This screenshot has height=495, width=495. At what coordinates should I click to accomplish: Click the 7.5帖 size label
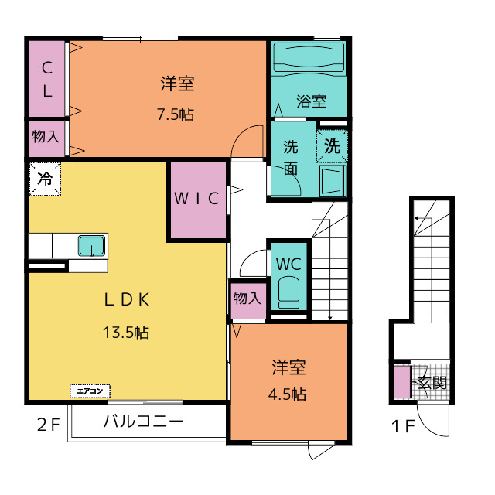176,114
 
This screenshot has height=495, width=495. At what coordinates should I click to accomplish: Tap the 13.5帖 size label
126,333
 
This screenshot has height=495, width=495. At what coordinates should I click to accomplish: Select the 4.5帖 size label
287,394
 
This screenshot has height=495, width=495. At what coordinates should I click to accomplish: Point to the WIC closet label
197,199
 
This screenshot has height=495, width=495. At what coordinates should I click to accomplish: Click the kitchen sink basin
92,246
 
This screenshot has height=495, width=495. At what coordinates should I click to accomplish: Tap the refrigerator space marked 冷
45,179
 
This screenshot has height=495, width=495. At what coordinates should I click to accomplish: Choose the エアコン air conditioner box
90,391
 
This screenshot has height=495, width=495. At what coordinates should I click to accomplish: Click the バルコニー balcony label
144,422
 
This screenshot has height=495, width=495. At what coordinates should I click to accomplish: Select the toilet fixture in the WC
288,292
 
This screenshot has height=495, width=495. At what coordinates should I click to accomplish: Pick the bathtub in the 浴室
309,57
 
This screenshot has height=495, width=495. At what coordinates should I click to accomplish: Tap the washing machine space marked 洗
332,146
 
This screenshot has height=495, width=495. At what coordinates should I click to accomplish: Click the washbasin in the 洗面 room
332,180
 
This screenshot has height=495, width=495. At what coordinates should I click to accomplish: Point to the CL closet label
47,79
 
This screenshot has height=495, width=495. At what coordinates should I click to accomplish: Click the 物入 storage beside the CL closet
46,137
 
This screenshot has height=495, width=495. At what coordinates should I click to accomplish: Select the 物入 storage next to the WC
247,299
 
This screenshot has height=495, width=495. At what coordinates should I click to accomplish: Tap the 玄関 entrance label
432,383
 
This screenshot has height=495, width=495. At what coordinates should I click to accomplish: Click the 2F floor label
48,425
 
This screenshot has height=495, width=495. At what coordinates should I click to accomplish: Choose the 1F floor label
403,426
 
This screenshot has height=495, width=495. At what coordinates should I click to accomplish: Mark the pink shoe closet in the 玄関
402,381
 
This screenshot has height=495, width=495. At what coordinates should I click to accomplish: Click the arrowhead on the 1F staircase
417,218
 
